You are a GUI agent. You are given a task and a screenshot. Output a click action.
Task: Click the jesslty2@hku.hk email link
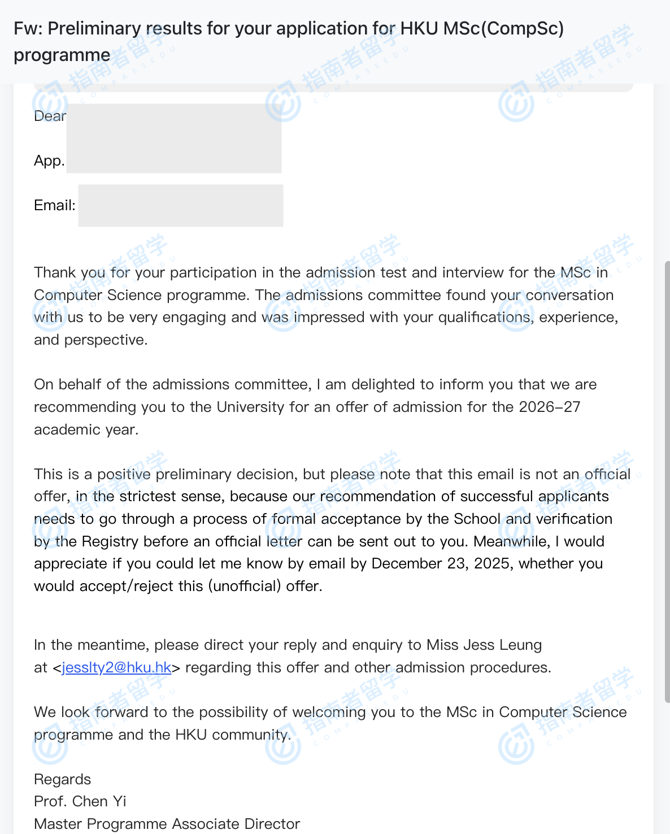tap(116, 667)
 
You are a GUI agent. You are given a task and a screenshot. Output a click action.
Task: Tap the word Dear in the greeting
tap(50, 116)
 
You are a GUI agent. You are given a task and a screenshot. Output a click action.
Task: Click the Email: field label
tap(54, 205)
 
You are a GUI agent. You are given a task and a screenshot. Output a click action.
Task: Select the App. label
tap(49, 161)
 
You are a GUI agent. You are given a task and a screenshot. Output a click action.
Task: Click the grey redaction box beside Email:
tap(181, 206)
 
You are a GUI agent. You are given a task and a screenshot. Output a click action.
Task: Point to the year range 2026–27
tap(549, 407)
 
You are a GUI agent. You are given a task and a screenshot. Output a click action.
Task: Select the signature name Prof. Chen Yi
tap(80, 801)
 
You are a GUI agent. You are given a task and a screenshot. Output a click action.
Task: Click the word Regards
tap(62, 779)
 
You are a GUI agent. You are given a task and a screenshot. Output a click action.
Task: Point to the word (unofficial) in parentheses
tap(244, 586)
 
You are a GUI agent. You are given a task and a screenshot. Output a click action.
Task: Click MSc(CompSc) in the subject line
tap(503, 28)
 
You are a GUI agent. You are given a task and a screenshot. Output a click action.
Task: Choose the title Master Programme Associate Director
tap(167, 824)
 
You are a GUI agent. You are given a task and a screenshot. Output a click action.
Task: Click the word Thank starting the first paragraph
tap(55, 272)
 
